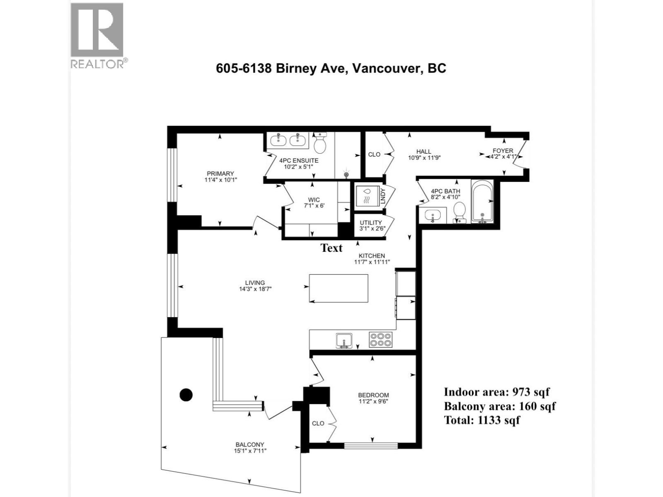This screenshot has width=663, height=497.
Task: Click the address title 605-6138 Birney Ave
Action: click(331, 68)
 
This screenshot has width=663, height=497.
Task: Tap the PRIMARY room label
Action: click(220, 176)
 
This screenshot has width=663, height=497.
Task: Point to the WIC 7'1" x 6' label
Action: click(314, 203)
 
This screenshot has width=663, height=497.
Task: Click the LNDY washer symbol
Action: click(366, 196)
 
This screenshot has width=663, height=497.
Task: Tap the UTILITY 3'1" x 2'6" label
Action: click(370, 225)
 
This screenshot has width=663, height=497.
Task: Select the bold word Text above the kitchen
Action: click(331, 248)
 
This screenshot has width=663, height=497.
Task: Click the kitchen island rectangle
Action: click(339, 288)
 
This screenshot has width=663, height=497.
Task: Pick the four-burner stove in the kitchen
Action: click(380, 340)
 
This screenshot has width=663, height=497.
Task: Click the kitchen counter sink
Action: click(344, 340)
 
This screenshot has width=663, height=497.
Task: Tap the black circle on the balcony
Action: click(186, 395)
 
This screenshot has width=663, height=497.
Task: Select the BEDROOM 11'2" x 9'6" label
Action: click(373, 398)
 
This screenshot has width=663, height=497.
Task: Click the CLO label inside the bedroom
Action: click(318, 423)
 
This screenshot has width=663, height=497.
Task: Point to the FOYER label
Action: click(503, 154)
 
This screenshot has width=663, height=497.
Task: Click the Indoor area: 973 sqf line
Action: click(496, 392)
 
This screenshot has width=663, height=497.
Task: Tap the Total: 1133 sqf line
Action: click(482, 420)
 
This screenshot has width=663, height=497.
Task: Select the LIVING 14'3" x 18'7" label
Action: click(254, 286)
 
